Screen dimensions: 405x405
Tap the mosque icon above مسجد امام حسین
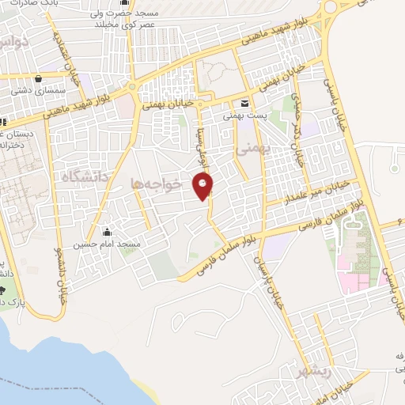point(107,233)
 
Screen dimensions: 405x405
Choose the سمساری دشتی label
point(36,92)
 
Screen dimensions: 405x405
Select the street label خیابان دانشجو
point(58,273)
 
